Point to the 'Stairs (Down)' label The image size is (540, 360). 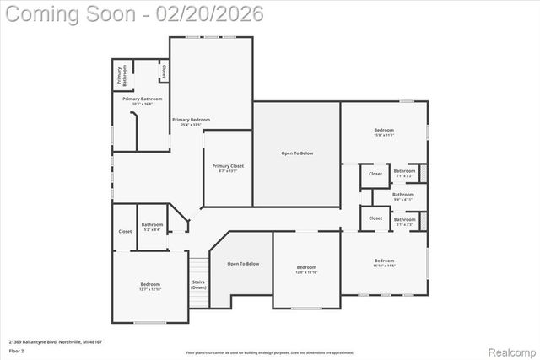tap(198, 284)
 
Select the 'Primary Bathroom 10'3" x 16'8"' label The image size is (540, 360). tap(142, 101)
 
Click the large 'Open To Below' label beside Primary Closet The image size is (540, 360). tap(297, 153)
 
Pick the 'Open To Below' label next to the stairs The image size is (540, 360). tap(243, 264)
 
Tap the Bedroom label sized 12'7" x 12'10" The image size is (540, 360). tap(150, 287)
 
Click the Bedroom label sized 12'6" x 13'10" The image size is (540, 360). tap(306, 269)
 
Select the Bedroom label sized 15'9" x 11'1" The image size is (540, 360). tap(384, 132)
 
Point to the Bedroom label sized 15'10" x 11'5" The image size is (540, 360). tap(384, 262)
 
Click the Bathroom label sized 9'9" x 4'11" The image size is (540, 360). tap(403, 196)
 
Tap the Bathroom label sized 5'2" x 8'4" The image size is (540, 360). tap(152, 226)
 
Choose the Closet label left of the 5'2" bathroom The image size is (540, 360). tap(125, 231)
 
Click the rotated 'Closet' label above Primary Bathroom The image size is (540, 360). tap(163, 72)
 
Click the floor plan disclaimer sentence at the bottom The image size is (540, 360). tap(270, 352)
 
